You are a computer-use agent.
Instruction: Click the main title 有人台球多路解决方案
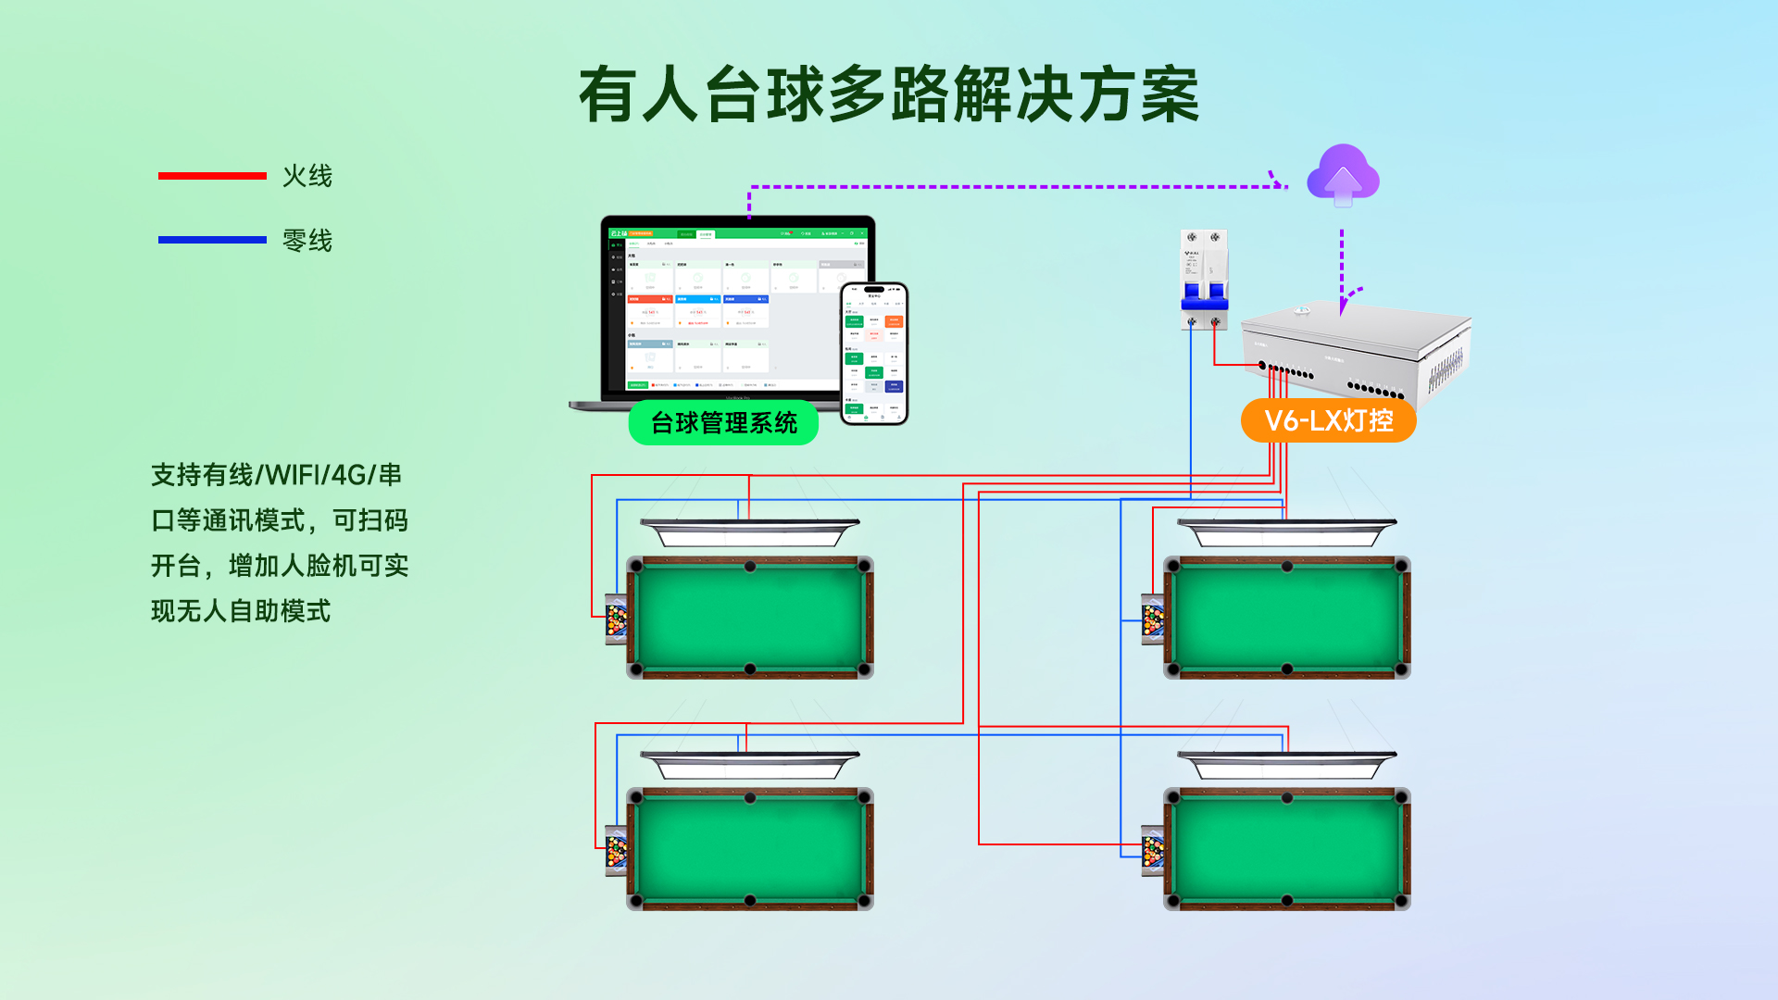889,94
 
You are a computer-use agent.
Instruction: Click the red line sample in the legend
212,176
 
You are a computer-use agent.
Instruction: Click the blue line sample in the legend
212,240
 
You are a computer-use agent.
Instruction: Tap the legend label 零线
307,241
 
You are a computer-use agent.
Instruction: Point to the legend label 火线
307,176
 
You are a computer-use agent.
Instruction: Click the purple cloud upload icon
1343,176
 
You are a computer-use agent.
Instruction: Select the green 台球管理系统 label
723,423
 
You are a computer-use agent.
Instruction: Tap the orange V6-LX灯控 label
1328,421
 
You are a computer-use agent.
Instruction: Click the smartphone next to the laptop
874,354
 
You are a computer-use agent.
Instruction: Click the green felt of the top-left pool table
750,618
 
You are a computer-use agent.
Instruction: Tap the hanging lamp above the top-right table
1287,532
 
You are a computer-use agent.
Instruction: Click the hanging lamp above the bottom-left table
750,765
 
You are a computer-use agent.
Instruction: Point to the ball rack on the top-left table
617,619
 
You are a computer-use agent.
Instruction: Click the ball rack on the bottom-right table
1154,851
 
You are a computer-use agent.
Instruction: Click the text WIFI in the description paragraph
292,475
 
